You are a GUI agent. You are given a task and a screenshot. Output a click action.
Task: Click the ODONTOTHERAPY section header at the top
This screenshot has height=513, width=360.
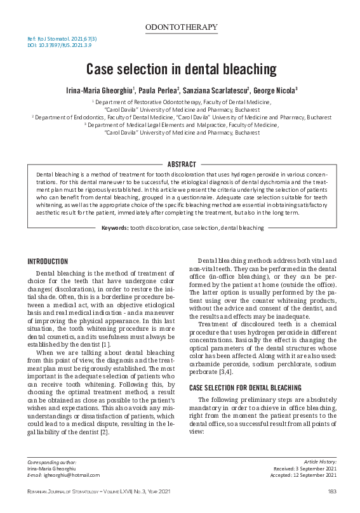181,27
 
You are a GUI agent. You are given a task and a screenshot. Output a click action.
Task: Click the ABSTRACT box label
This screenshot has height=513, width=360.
180,164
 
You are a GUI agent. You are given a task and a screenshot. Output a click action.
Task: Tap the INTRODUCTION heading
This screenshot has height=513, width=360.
48,262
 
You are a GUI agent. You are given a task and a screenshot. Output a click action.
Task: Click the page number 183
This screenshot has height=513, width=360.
331,491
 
